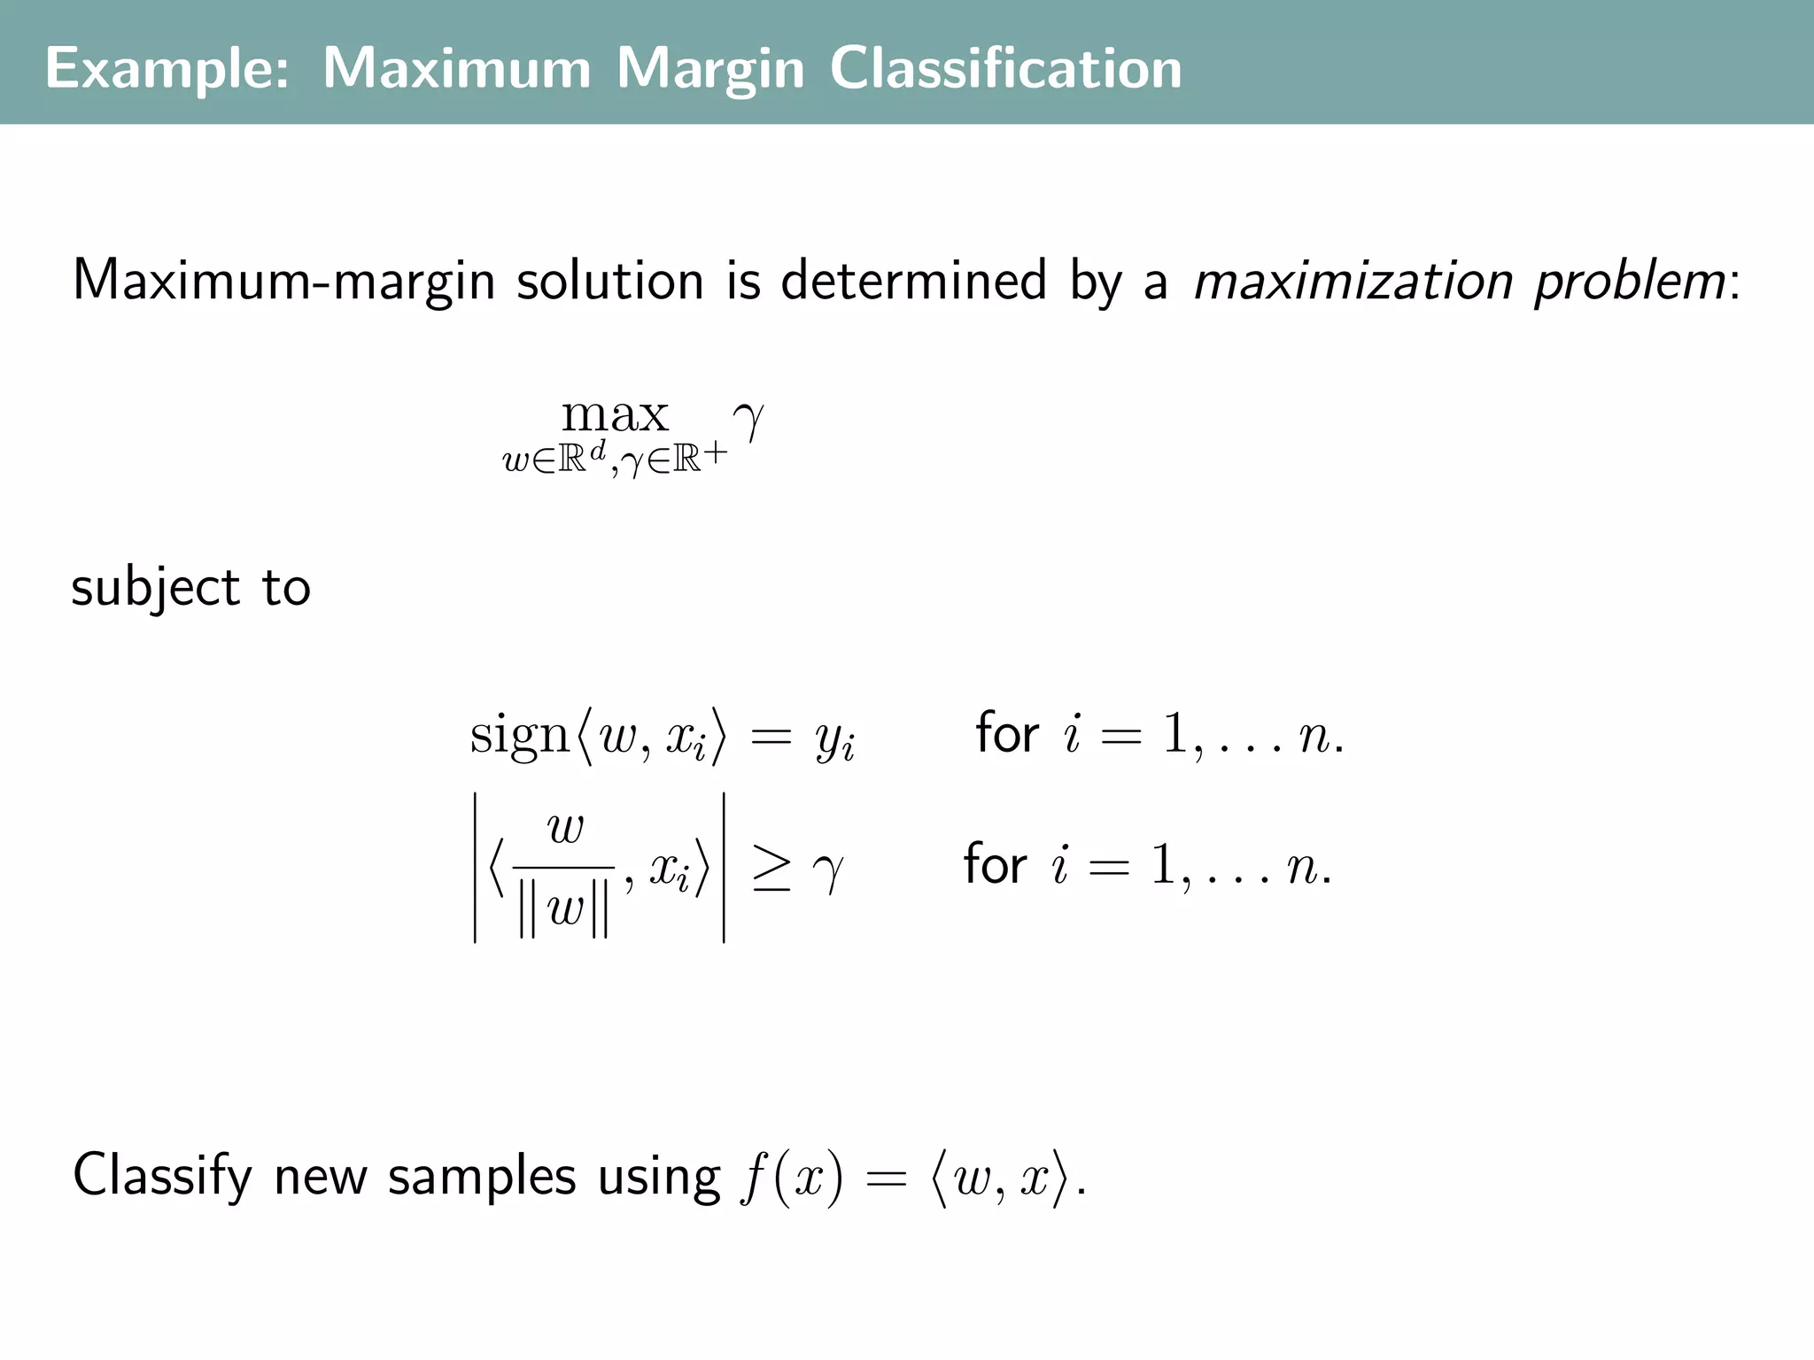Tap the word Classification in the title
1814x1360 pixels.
[x=1005, y=68]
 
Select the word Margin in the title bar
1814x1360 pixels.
[x=710, y=68]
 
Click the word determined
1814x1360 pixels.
[x=913, y=281]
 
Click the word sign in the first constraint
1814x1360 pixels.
[x=519, y=736]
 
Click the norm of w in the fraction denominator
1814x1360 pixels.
[x=564, y=910]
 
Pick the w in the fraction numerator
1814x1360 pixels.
[x=565, y=830]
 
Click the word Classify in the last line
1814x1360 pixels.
[x=163, y=1178]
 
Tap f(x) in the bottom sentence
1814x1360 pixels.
[x=794, y=1179]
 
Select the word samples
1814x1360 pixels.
[x=482, y=1178]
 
